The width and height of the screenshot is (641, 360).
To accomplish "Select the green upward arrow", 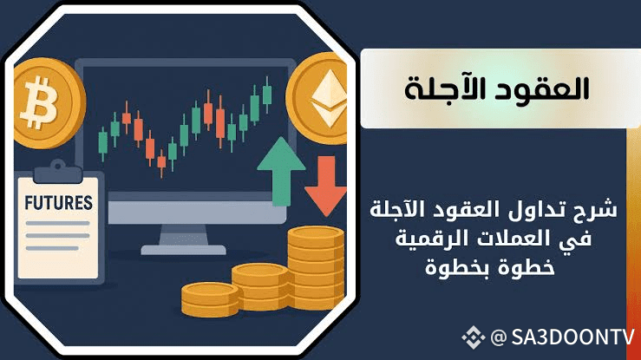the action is tap(281, 171).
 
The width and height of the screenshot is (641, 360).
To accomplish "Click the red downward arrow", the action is tap(326, 186).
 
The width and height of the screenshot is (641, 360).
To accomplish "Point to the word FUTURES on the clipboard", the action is tap(58, 203).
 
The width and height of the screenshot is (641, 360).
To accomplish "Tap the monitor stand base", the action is tap(183, 249).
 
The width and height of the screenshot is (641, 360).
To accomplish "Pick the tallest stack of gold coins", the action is tap(316, 268).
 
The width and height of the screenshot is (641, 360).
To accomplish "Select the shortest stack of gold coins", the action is tap(210, 299).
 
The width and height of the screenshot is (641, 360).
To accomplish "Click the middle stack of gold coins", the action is tap(261, 286).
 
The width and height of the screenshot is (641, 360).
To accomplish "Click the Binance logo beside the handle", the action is tap(474, 337).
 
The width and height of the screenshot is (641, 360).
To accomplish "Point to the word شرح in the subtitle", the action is tap(596, 209).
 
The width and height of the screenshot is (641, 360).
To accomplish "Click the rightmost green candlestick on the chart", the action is tap(267, 95).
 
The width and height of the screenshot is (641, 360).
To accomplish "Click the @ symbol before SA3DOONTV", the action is tap(499, 338).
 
